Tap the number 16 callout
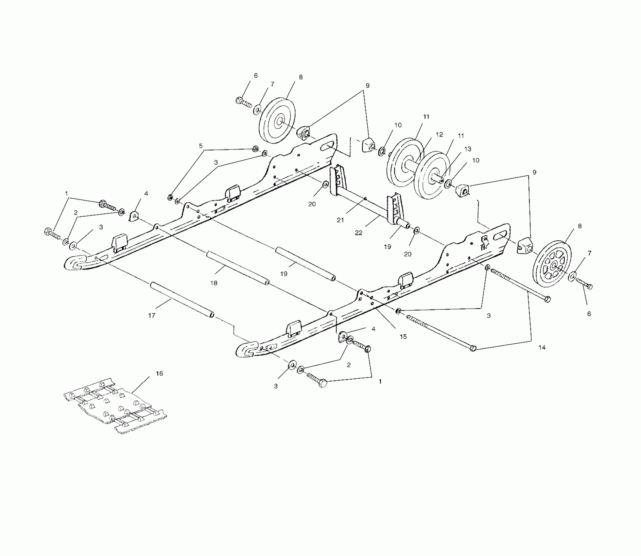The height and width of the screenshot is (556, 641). point(159,374)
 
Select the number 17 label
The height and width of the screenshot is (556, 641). point(152,316)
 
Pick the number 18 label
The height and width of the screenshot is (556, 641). point(214,283)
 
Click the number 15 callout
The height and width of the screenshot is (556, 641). point(403,337)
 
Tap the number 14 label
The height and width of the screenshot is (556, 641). point(542,348)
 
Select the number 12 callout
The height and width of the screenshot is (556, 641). point(439,134)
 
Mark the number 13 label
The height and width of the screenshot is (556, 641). point(468,149)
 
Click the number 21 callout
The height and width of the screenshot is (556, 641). point(340,220)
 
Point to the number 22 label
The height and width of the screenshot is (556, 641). point(359,233)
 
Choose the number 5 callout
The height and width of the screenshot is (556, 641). point(201,146)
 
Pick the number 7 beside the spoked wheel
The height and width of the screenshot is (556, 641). point(589,253)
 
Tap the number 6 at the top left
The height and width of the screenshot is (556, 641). point(256,76)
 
